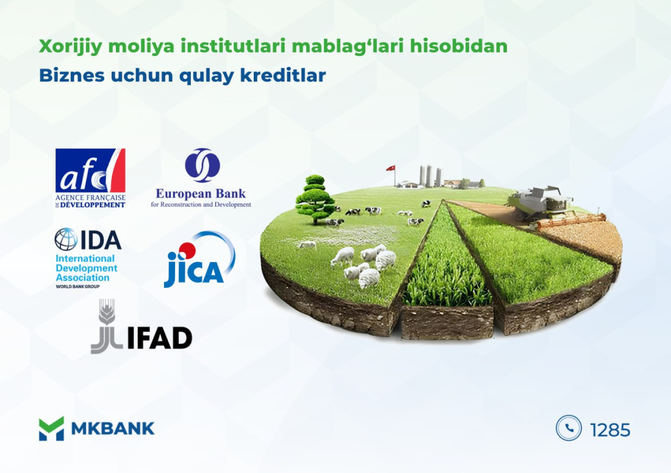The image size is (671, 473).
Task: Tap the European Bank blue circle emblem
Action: (203, 165)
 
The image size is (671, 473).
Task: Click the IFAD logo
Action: (142, 327)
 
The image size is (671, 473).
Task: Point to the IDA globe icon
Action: (66, 240)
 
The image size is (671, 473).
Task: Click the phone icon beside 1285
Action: (569, 428)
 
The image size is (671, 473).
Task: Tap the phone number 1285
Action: (610, 430)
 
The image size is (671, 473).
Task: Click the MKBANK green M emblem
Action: (51, 429)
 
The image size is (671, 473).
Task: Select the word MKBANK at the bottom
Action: (113, 429)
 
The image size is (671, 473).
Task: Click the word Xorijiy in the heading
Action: (66, 46)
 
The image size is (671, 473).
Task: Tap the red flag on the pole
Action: (390, 168)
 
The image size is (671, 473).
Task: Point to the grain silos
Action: (430, 176)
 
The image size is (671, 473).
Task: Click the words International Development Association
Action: (86, 268)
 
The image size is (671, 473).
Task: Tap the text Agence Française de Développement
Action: (90, 201)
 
